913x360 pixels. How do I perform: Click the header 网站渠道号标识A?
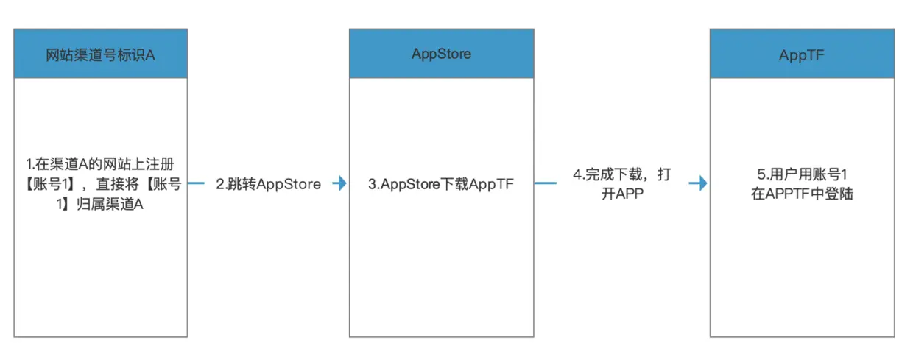click(x=100, y=54)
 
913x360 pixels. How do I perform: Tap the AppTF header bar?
click(x=803, y=54)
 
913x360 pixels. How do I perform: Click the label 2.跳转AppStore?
click(x=268, y=184)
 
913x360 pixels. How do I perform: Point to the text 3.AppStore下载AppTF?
click(x=440, y=184)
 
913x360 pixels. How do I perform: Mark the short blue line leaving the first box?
click(x=197, y=184)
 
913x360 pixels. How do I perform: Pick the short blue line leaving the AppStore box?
click(x=545, y=184)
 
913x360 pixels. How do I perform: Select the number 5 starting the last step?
click(x=761, y=175)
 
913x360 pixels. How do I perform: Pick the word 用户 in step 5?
click(x=783, y=175)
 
